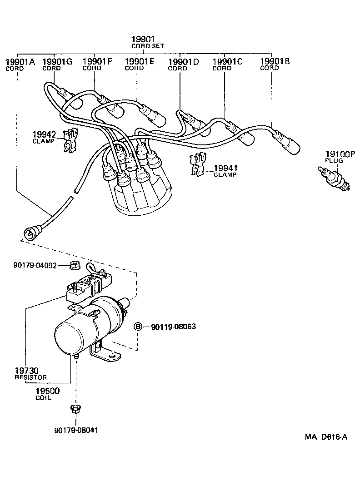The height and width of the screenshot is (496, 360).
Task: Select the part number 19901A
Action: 20,62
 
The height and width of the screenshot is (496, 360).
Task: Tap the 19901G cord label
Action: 57,62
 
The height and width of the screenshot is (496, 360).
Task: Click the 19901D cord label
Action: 184,62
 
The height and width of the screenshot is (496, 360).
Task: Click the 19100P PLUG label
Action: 339,156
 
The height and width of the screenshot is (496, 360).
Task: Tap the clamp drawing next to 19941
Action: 197,165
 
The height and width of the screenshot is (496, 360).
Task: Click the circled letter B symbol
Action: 138,326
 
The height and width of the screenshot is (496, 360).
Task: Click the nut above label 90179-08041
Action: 75,409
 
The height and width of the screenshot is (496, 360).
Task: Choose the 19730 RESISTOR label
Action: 30,373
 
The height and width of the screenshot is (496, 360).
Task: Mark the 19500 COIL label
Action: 47,393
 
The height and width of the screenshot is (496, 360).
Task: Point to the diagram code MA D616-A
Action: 326,437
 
